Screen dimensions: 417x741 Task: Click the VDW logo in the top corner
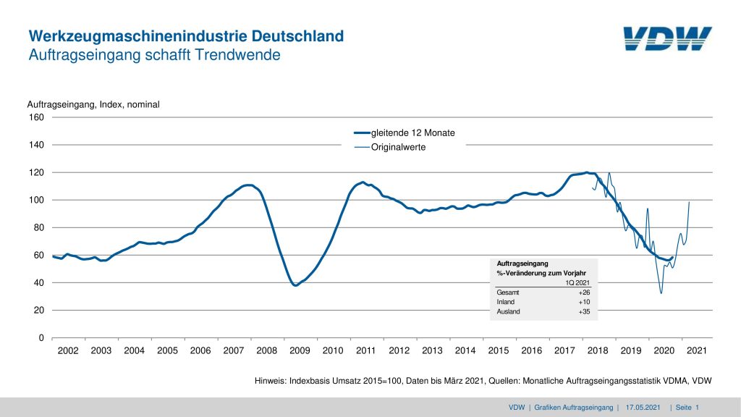(x=667, y=38)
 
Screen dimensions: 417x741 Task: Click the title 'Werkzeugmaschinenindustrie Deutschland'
(x=186, y=36)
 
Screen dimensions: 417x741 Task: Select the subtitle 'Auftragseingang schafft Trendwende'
(x=153, y=55)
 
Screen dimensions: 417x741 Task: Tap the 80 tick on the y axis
(x=39, y=227)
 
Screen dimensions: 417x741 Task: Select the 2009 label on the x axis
(x=300, y=351)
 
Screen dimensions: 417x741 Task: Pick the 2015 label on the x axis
(x=498, y=351)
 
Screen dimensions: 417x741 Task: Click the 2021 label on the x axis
(x=696, y=351)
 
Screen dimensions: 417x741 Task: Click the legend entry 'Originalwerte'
(x=398, y=147)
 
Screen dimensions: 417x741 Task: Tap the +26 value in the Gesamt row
(x=585, y=292)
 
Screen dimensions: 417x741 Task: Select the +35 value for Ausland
(x=585, y=311)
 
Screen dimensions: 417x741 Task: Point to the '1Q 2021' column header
(x=578, y=282)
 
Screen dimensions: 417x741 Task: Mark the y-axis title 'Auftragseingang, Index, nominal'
(x=93, y=104)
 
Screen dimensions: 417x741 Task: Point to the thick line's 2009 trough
(x=295, y=285)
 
